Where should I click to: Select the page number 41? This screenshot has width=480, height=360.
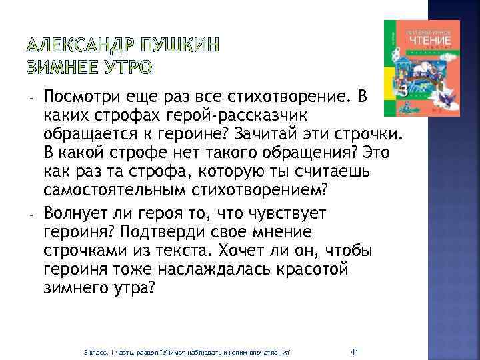tap(355, 351)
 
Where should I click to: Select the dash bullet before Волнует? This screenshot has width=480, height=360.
tap(31, 215)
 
